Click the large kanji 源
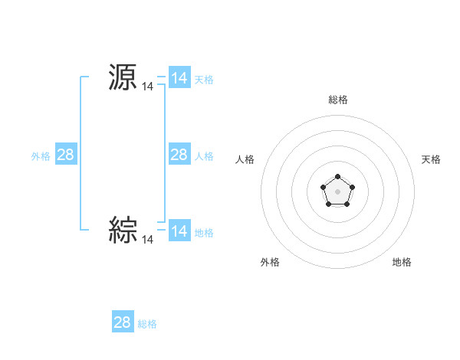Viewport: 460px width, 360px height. [x=123, y=77]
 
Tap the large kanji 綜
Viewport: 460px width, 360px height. [x=123, y=229]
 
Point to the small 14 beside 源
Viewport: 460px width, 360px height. [x=147, y=87]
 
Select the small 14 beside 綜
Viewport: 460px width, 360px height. [x=147, y=240]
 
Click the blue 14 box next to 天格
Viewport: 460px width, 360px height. [x=179, y=78]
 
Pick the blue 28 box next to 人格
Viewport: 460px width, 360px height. [x=179, y=155]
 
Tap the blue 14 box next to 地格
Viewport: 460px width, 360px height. [x=179, y=231]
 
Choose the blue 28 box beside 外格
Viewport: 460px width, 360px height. [x=65, y=155]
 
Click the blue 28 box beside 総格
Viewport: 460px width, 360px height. [x=122, y=322]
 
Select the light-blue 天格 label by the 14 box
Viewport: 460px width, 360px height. [x=204, y=79]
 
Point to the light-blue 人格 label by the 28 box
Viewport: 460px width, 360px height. [x=204, y=155]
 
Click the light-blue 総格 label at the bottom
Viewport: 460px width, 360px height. [x=147, y=324]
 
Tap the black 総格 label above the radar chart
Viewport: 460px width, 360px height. [x=338, y=100]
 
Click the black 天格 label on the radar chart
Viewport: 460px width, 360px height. [x=431, y=159]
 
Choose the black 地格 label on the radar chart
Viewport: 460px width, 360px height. [x=402, y=262]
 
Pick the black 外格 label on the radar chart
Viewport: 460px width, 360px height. [x=270, y=262]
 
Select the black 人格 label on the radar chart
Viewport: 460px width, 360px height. [x=245, y=159]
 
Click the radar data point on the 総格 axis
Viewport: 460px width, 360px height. [x=337, y=177]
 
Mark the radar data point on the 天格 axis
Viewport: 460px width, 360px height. [x=352, y=187]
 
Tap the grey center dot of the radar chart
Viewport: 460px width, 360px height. [x=337, y=191]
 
